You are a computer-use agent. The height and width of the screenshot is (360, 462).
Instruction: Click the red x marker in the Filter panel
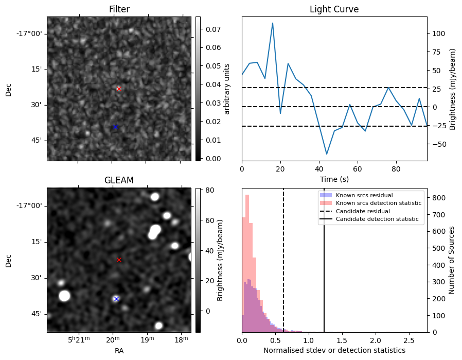click(119, 89)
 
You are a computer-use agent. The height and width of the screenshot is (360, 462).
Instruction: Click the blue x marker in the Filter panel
click(115, 127)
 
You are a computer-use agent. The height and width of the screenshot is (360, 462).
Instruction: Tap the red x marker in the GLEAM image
click(119, 260)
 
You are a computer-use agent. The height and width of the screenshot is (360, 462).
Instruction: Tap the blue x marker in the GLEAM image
click(116, 299)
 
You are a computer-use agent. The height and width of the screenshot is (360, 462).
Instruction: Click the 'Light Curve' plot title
click(334, 9)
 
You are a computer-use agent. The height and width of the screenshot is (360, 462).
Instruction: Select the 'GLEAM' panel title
click(119, 180)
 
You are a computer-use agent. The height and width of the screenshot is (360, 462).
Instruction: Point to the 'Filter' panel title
click(119, 9)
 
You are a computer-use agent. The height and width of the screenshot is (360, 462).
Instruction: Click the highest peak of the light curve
click(272, 23)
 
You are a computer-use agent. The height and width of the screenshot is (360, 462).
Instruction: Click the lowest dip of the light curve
click(326, 154)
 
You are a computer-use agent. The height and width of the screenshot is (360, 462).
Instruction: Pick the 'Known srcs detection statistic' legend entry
click(378, 203)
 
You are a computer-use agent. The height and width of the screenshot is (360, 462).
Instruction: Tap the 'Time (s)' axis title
click(334, 178)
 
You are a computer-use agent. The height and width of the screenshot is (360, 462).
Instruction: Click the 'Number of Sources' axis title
click(452, 260)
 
